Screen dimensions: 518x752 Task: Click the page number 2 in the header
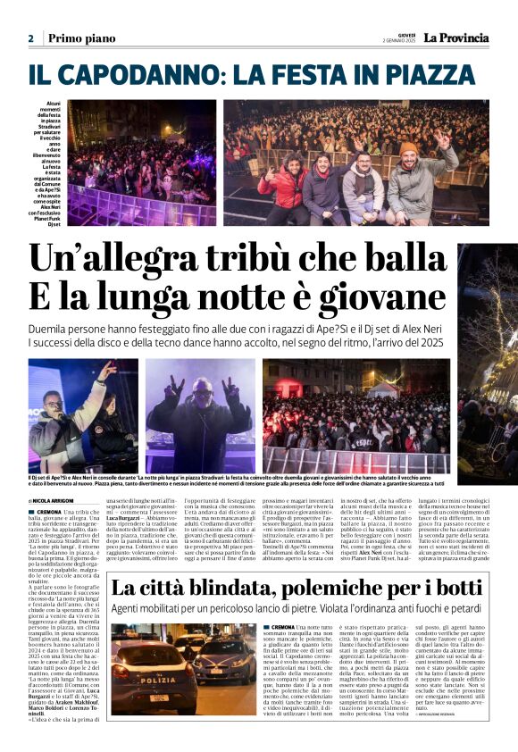[30, 38]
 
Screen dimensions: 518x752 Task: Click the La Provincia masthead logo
[455, 38]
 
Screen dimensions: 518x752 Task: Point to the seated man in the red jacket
[283, 190]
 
